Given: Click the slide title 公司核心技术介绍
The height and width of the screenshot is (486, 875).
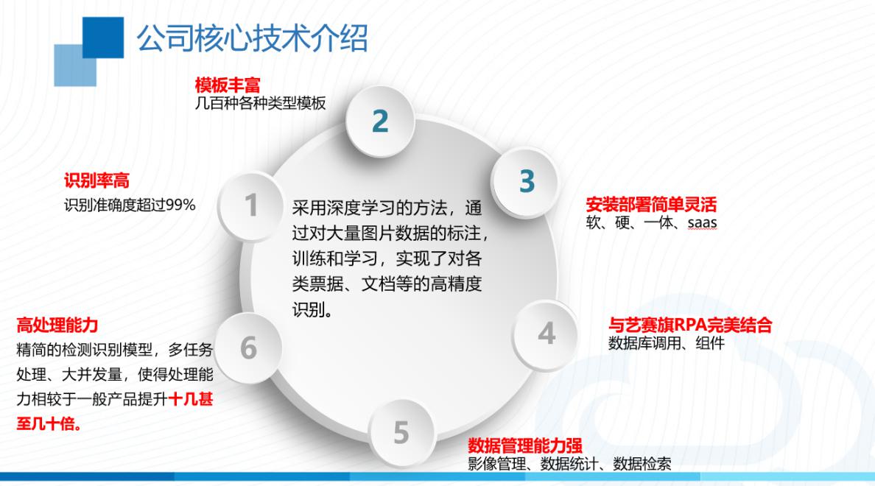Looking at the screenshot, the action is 252,38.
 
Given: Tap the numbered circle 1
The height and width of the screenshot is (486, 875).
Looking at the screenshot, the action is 250,206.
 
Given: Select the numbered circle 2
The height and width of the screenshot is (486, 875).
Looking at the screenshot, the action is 380,121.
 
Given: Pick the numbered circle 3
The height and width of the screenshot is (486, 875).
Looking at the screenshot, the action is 526,181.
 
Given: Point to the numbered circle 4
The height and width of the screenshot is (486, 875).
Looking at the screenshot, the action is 546,334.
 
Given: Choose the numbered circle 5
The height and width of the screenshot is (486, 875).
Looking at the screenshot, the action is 401,432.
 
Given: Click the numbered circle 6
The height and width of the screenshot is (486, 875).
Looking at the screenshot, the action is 248,348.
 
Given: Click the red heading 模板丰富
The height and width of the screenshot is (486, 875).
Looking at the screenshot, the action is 228,85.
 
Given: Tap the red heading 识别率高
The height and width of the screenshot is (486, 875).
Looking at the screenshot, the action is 96,181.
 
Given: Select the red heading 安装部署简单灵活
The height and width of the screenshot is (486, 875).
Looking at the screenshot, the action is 651,205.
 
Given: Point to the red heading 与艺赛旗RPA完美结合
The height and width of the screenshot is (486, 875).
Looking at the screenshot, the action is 690,325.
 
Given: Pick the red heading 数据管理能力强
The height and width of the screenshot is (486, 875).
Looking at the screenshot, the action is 525,445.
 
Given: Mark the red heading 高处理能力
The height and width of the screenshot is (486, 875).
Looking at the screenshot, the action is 57,325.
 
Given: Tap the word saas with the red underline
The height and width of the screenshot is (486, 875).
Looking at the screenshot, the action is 702,223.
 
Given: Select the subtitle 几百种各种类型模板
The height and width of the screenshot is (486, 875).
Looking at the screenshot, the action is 260,103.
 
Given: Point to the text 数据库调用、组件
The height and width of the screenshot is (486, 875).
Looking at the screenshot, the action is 667,342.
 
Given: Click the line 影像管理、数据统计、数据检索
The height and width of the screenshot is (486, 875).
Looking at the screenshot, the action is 569,464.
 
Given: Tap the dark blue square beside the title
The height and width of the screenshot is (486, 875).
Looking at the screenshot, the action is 103,38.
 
